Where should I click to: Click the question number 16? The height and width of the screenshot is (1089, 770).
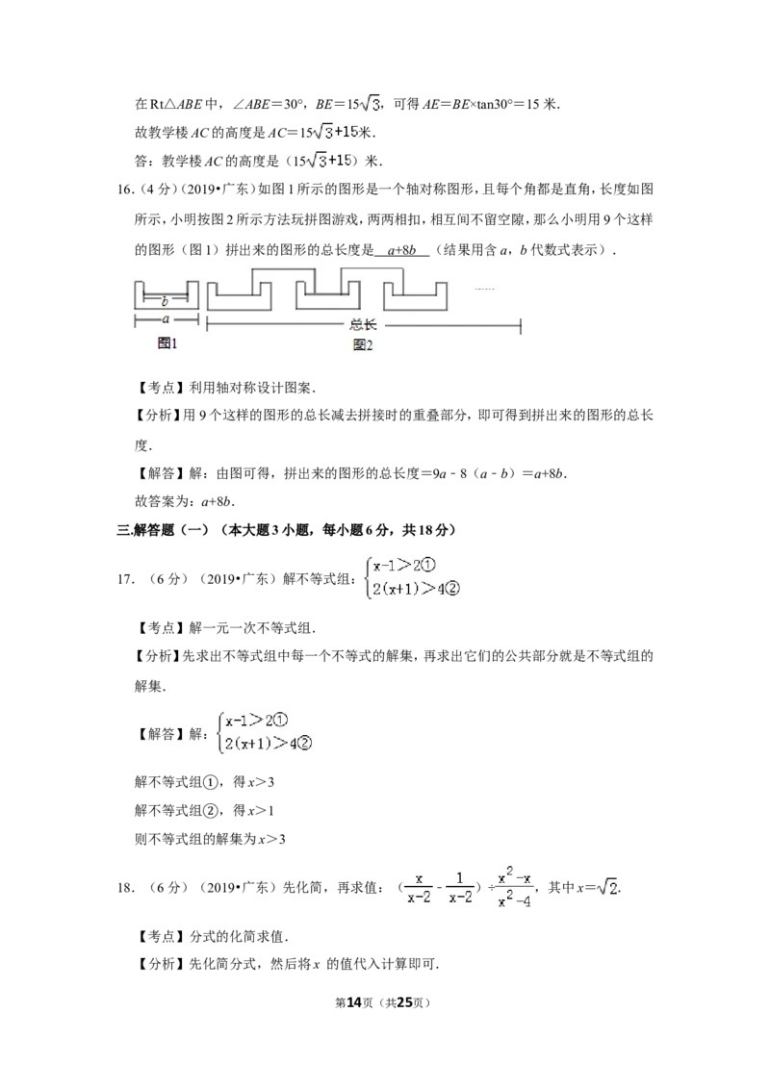click(124, 190)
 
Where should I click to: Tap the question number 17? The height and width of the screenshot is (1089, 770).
click(125, 578)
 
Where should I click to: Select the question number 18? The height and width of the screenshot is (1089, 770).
click(125, 887)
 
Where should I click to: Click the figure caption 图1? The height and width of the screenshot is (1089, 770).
click(167, 342)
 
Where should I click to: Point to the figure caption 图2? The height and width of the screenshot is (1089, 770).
click(363, 344)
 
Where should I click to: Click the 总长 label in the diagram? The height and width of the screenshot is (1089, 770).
click(363, 324)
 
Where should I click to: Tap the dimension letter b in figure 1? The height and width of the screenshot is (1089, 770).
click(165, 301)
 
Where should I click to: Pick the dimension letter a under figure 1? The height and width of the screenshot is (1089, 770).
click(166, 319)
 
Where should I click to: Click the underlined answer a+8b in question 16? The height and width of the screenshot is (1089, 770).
click(401, 250)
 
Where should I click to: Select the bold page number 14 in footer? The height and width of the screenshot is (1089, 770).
click(354, 1002)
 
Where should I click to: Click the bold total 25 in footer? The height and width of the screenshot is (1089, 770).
click(404, 1002)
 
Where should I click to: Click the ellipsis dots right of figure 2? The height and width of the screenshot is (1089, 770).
click(484, 289)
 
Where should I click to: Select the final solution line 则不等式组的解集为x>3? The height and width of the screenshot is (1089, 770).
click(210, 839)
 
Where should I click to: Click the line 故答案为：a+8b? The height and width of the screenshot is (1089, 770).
click(184, 501)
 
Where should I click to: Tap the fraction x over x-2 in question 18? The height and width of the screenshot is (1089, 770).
click(419, 888)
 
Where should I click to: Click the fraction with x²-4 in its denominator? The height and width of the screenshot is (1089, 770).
click(514, 888)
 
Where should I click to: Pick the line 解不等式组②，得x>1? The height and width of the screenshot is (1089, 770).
click(204, 811)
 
